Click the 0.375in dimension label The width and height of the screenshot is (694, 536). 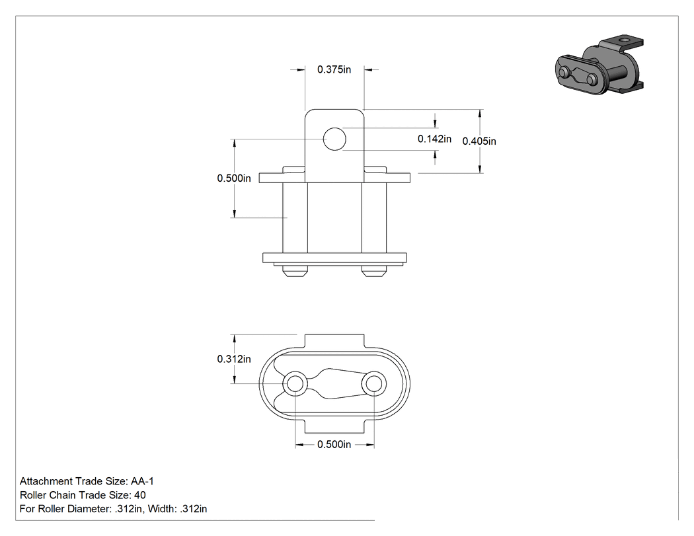(x=334, y=69)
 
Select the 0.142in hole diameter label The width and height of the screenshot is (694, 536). (x=434, y=139)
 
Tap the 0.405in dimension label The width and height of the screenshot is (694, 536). (x=479, y=141)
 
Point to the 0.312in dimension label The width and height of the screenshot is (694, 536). (x=234, y=359)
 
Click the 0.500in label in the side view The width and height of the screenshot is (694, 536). (x=234, y=178)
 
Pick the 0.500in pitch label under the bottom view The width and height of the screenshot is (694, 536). (x=334, y=444)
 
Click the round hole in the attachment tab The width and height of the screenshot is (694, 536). (x=334, y=139)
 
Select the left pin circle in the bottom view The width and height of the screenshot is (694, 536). (x=295, y=384)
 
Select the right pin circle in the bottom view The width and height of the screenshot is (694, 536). (x=374, y=384)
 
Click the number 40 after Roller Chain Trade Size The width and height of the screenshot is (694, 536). (x=140, y=495)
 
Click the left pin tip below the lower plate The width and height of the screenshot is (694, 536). (x=295, y=271)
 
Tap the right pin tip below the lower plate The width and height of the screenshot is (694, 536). (x=374, y=271)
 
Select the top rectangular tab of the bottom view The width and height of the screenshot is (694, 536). (x=334, y=341)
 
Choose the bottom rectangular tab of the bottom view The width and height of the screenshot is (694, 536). (x=334, y=427)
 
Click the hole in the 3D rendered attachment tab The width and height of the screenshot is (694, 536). (x=625, y=40)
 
